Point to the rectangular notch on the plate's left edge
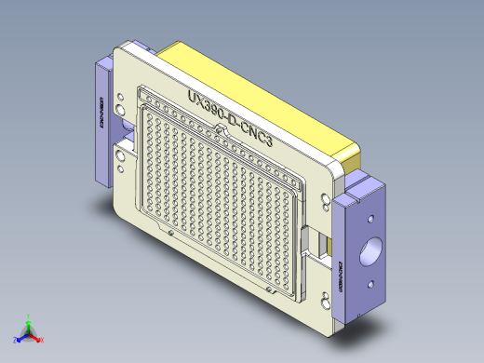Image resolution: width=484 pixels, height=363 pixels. click(119, 148)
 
